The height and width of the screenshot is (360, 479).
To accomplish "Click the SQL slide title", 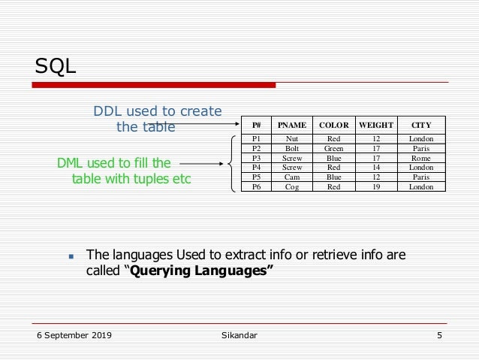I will pos(56,67).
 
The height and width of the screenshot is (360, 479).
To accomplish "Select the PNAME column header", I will pos(292,124).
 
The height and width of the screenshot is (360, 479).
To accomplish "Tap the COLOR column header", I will pos(333,124).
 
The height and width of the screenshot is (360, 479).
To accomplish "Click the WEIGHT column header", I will pos(376,124).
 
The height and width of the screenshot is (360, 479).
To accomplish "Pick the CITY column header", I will pos(421,124).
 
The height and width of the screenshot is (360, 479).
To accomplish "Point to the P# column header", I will pos(257,124).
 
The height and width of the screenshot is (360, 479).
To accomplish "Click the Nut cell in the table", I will pos(292,139).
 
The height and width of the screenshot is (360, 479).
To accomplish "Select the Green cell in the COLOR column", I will pos(333,149).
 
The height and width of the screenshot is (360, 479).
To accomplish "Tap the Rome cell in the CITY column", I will pos(421,159).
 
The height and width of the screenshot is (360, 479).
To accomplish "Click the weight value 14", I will pos(376,168).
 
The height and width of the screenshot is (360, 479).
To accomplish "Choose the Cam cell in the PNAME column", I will pos(292,177).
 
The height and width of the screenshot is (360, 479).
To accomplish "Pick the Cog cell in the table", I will pos(292,187).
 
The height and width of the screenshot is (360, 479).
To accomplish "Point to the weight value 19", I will pos(376,187).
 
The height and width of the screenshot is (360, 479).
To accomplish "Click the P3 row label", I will pos(257,159).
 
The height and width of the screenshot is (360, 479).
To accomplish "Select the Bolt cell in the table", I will pos(292,149).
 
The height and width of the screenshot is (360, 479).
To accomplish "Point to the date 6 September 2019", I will pos(74,335).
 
